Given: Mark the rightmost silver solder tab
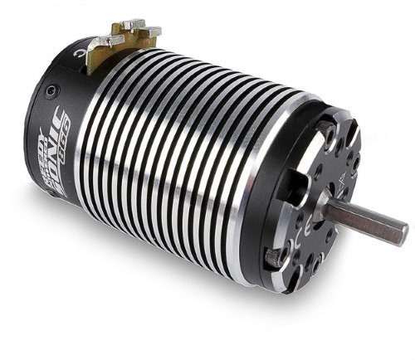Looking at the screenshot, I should [x=152, y=32].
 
